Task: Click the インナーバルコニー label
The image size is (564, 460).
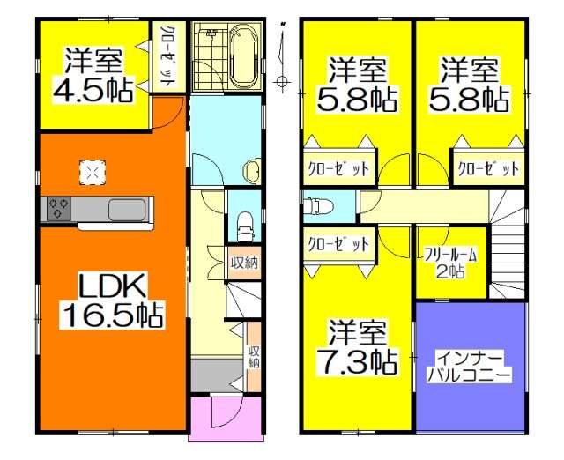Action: click(469, 366)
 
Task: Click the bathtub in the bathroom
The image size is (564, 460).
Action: click(243, 54)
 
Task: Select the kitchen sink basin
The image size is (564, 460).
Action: click(125, 210)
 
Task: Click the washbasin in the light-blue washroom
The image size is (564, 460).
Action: click(253, 169)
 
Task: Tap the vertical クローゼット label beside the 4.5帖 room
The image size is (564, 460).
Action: click(167, 56)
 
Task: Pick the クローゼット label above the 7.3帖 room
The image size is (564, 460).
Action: click(338, 245)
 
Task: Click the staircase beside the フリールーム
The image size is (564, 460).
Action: click(507, 247)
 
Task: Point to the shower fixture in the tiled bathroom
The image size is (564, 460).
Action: click(211, 35)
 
